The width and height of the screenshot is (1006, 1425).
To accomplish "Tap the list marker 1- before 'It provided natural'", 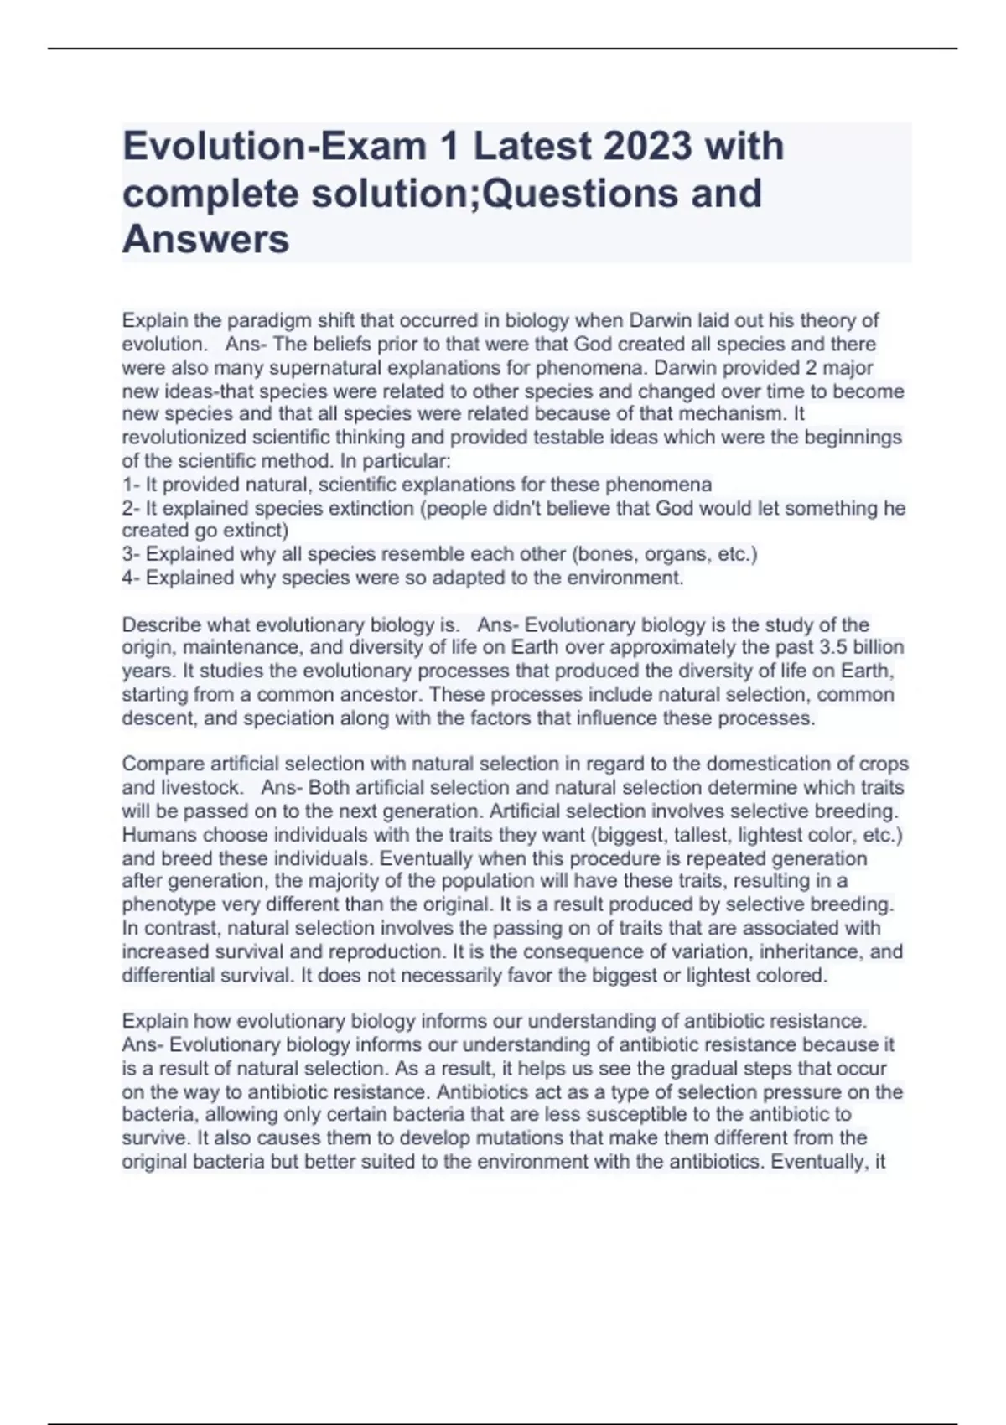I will [131, 484].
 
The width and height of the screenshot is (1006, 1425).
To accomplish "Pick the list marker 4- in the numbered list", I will [132, 578].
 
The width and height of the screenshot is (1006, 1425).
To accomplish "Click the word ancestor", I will [385, 695].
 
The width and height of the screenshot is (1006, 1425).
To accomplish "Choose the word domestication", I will [780, 764].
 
